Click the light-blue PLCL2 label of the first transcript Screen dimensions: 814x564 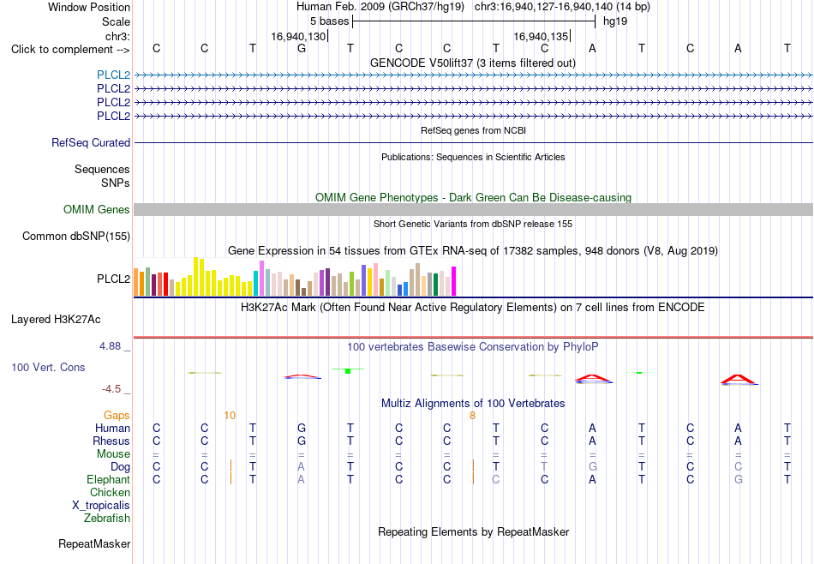click(113, 75)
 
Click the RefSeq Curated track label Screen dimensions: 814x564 click(91, 142)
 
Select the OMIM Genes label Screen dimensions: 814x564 click(97, 209)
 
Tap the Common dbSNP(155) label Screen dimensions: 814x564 click(76, 237)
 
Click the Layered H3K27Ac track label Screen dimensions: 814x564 click(56, 320)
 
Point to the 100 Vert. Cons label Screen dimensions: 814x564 click(48, 367)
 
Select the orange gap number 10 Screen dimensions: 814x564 click(230, 415)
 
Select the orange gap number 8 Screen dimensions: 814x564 click(472, 415)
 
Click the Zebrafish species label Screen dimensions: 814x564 click(107, 518)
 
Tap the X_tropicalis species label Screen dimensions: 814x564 click(101, 506)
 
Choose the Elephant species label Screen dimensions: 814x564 click(109, 479)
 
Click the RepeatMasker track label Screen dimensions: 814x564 click(94, 543)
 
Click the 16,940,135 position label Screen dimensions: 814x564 click(541, 36)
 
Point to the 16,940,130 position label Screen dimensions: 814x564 click(298, 36)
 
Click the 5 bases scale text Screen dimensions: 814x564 click(330, 21)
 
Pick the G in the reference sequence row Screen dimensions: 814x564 click(302, 48)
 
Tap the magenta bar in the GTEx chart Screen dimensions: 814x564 click(454, 281)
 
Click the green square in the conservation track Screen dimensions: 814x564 click(348, 371)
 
